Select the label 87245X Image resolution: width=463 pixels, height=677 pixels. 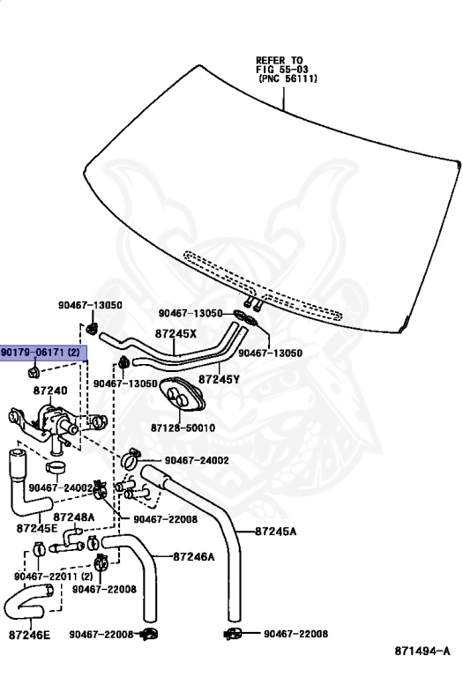pyautogui.click(x=175, y=333)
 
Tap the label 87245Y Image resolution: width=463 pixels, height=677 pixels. pyautogui.click(x=219, y=379)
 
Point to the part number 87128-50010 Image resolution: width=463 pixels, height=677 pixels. pyautogui.click(x=183, y=428)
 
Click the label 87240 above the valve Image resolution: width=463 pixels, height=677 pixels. pyautogui.click(x=50, y=391)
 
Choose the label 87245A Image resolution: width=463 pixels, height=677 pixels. pyautogui.click(x=275, y=531)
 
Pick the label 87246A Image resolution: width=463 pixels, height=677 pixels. pyautogui.click(x=193, y=556)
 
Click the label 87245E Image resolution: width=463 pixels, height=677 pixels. pyautogui.click(x=37, y=528)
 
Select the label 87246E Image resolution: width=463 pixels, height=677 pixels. pyautogui.click(x=29, y=635)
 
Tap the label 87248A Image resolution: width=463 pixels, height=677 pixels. pyautogui.click(x=74, y=517)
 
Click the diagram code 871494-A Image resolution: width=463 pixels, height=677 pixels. pyautogui.click(x=422, y=651)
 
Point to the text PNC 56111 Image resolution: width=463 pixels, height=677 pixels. pyautogui.click(x=288, y=78)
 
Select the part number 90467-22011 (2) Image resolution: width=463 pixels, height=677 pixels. pyautogui.click(x=54, y=577)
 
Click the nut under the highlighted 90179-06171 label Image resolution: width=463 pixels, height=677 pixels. pyautogui.click(x=34, y=371)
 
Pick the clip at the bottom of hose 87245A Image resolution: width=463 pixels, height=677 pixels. pyautogui.click(x=234, y=634)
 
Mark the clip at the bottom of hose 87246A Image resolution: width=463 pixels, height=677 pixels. pyautogui.click(x=149, y=634)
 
